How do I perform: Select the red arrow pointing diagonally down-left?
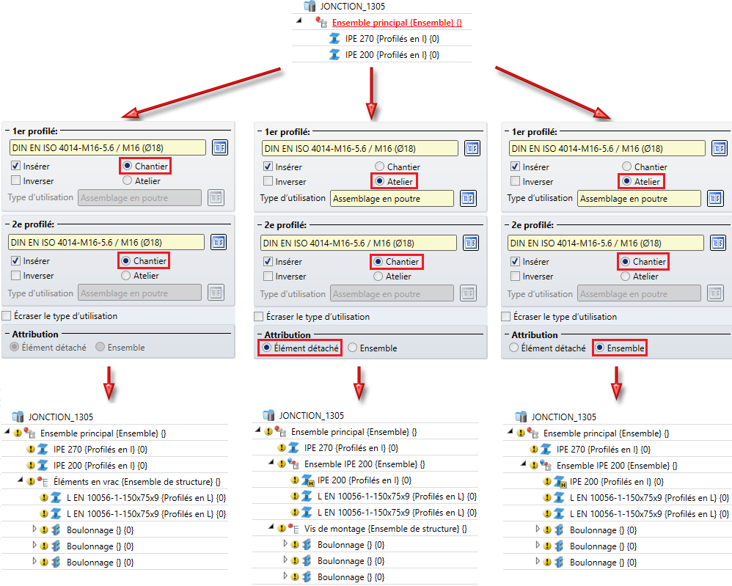click(202, 92)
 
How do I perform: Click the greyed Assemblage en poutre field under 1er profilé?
click(139, 197)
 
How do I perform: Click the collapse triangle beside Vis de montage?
click(271, 527)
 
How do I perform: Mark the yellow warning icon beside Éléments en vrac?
click(31, 482)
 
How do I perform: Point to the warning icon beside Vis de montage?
click(282, 528)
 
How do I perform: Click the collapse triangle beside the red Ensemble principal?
click(299, 22)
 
